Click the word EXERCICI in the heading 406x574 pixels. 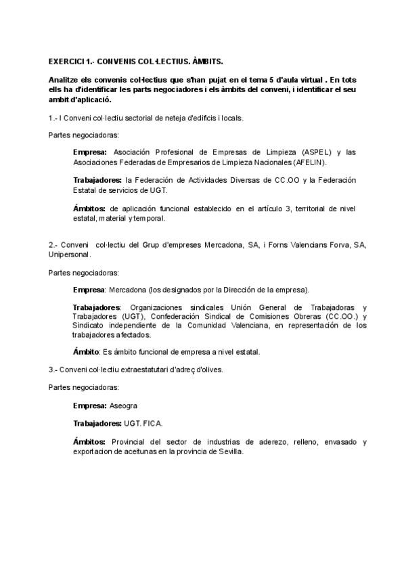[x=66, y=61]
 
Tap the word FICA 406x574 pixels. [x=154, y=423]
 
